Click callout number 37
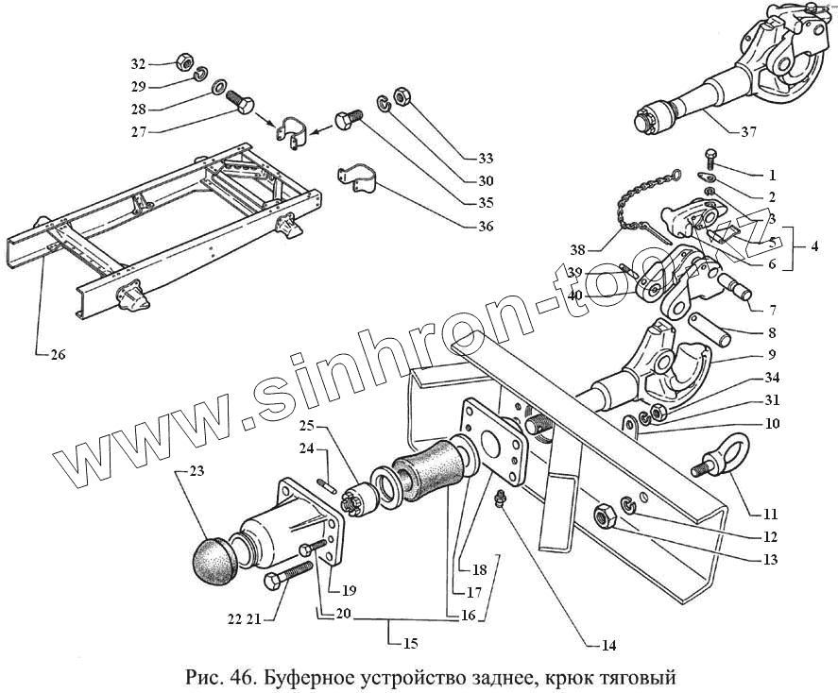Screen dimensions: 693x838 (748, 132)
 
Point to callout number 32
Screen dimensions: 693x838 (139, 64)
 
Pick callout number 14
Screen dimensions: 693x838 (608, 647)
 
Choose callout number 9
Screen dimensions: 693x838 (772, 355)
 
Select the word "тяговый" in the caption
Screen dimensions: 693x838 (642, 678)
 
